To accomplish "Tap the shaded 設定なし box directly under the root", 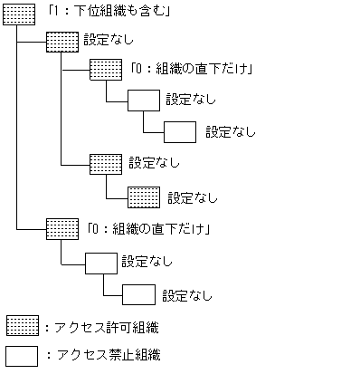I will point(62,42).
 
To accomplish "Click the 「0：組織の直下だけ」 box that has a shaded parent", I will point(105,70).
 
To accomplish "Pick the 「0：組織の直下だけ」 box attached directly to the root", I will point(62,227).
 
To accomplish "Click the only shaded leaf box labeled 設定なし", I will point(143,197).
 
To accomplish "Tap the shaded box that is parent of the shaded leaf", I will point(105,164).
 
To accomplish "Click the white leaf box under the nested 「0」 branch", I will point(180,131).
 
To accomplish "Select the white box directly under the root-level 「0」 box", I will point(99,263).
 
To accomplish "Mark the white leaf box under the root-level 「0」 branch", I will point(137,294).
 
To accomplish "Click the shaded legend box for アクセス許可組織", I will point(22,325).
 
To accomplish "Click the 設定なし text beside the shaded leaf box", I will point(193,197).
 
